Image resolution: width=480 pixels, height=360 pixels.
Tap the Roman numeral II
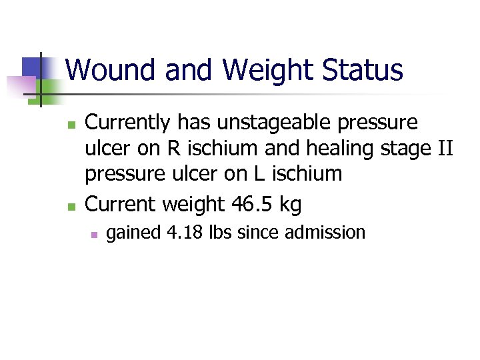(444, 149)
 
